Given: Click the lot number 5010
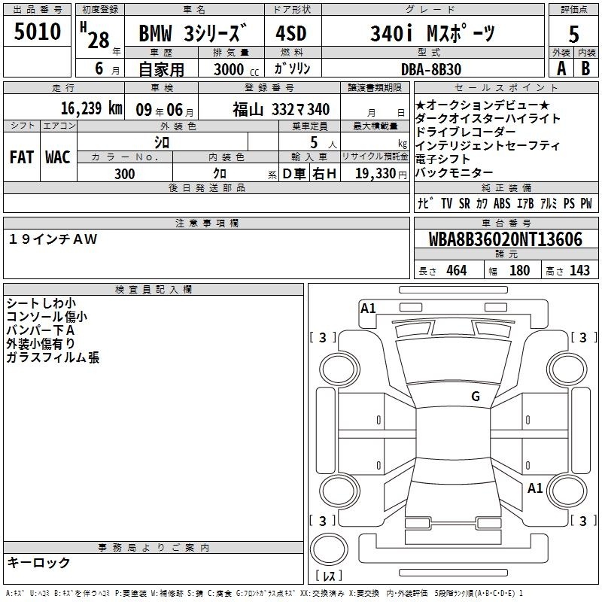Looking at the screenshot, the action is coord(37,31).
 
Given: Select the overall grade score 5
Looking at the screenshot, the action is coord(573,34).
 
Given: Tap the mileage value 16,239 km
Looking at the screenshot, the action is coord(91,108).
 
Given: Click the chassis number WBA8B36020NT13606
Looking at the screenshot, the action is coord(505,239).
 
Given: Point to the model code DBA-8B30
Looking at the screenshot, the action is coord(430,69).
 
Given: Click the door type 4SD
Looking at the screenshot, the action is coord(291,33).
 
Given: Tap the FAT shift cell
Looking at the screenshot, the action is coord(22,157).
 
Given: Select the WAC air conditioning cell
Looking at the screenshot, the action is coord(58,157).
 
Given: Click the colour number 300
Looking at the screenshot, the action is coord(124,174).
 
